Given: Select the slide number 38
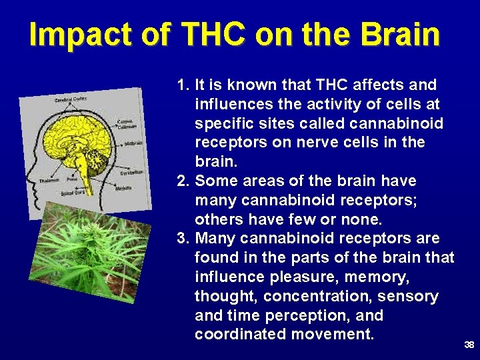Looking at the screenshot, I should pos(469,345).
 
